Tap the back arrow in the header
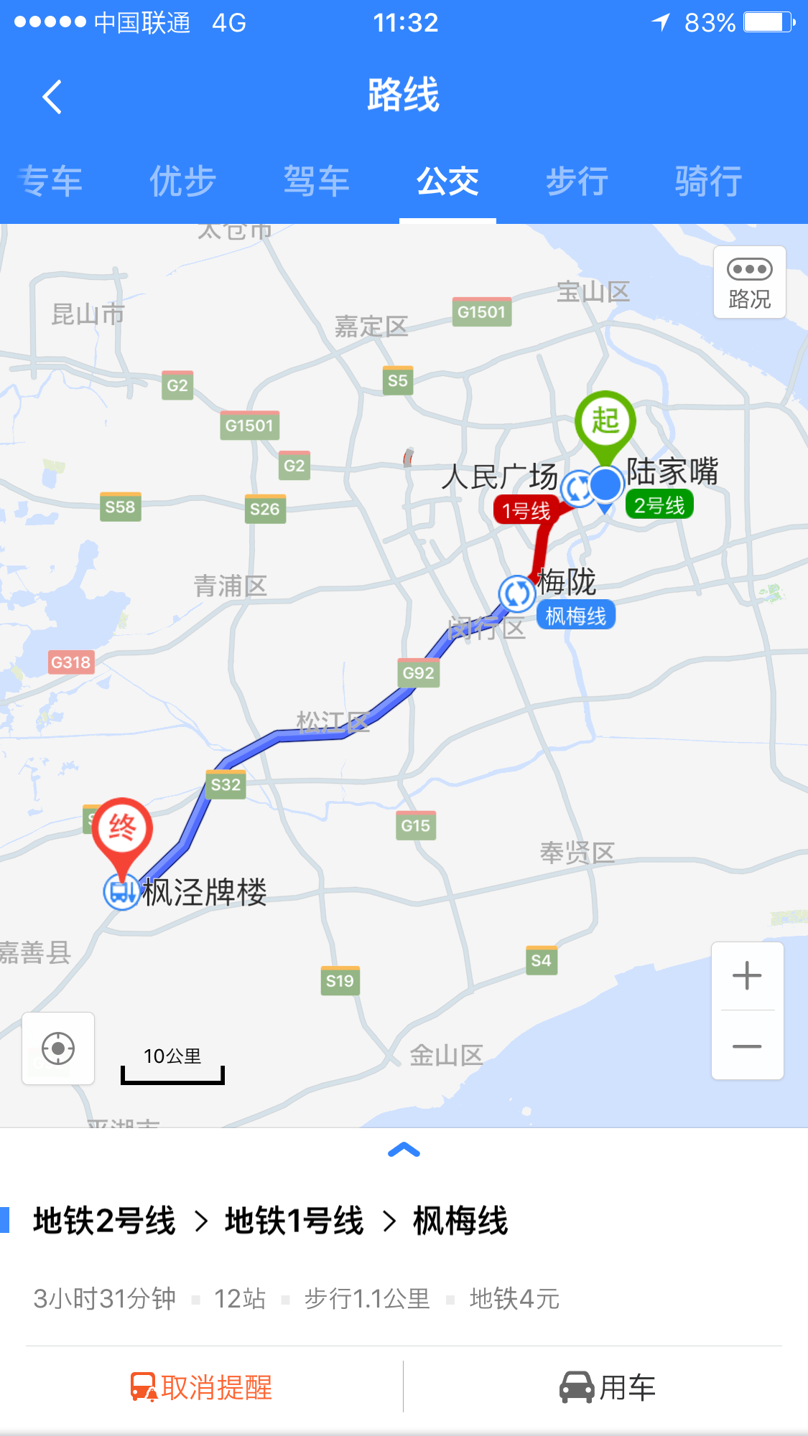pyautogui.click(x=52, y=97)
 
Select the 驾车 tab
pyautogui.click(x=316, y=181)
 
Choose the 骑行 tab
pyautogui.click(x=707, y=181)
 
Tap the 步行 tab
pyautogui.click(x=577, y=181)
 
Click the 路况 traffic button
pyautogui.click(x=749, y=282)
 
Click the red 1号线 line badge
pyautogui.click(x=526, y=511)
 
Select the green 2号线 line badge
pyautogui.click(x=659, y=505)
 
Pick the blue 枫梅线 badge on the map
pyautogui.click(x=575, y=616)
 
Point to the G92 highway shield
pyautogui.click(x=418, y=673)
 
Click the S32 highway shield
pyautogui.click(x=226, y=785)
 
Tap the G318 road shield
pyautogui.click(x=70, y=662)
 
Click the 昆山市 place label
pyautogui.click(x=88, y=314)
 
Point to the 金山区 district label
pyautogui.click(x=446, y=1055)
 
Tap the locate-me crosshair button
pyautogui.click(x=58, y=1048)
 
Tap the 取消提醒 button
pyautogui.click(x=202, y=1387)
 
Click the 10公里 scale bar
pyautogui.click(x=172, y=1065)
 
